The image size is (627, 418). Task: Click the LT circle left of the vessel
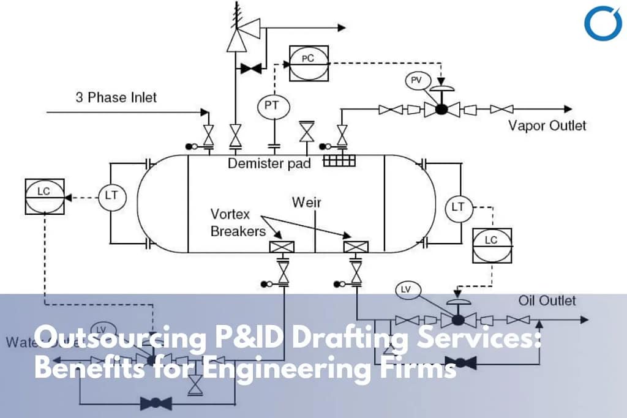tap(111, 196)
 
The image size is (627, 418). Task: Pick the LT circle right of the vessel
tap(458, 207)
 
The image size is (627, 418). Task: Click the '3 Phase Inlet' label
tap(116, 97)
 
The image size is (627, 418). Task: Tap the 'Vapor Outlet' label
tap(547, 125)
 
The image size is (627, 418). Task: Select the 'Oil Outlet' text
tap(547, 300)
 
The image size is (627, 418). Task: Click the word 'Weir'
tap(306, 202)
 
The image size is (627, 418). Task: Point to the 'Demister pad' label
tap(269, 163)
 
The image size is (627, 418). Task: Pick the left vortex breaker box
tap(282, 247)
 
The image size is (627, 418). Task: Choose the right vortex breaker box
tap(356, 247)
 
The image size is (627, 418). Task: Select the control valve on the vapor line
tap(440, 109)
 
